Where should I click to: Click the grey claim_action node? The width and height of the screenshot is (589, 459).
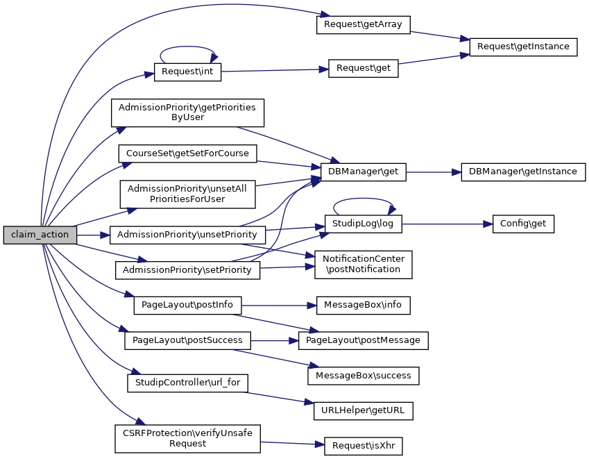coord(40,235)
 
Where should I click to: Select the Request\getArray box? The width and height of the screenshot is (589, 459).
coord(364,24)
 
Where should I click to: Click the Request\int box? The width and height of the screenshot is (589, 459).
coord(187,72)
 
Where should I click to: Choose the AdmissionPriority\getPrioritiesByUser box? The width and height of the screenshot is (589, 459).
coord(187,112)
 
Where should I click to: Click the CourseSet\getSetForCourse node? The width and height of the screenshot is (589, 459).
coord(187,152)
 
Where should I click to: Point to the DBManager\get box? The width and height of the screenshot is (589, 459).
coord(363,171)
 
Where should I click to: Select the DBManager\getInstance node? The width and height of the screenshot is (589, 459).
coord(523,171)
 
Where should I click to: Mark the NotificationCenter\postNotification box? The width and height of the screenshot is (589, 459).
coord(364,265)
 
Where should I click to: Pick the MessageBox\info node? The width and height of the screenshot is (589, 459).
coord(364,304)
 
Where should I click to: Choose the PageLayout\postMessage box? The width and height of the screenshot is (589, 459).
coord(363,340)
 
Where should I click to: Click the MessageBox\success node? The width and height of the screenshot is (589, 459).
coord(363,376)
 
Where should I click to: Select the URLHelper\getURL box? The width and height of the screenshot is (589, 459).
coord(363,411)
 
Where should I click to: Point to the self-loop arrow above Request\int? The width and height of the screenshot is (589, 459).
coord(187,48)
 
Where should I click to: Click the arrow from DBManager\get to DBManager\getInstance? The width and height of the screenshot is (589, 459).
coord(434,171)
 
